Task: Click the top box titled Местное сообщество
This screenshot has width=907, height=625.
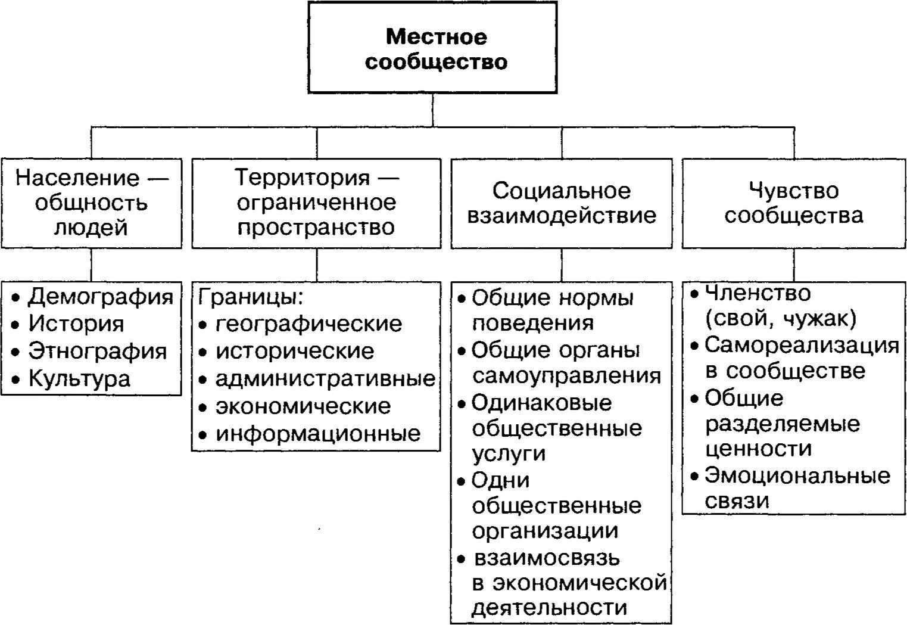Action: (433, 48)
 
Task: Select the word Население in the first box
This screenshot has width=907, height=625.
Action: (77, 178)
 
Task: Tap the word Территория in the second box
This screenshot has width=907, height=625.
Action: (303, 177)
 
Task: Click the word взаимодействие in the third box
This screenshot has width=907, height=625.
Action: (561, 215)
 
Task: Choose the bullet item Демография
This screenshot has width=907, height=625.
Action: (101, 296)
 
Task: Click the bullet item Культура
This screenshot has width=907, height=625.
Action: (79, 378)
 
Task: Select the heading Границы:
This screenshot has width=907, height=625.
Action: (251, 296)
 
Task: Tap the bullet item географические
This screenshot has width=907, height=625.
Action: (308, 324)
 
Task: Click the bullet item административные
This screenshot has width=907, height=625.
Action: (325, 378)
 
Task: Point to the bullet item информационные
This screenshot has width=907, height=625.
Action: (318, 433)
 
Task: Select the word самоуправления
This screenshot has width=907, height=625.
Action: (566, 376)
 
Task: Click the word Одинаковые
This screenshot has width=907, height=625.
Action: (541, 403)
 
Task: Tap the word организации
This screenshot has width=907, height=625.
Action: (545, 531)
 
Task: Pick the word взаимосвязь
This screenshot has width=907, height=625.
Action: (547, 558)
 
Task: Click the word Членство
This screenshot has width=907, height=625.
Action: (758, 293)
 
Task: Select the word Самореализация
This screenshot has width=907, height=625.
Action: (802, 345)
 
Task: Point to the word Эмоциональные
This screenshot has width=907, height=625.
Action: (797, 475)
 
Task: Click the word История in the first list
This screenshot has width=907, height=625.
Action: (76, 324)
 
